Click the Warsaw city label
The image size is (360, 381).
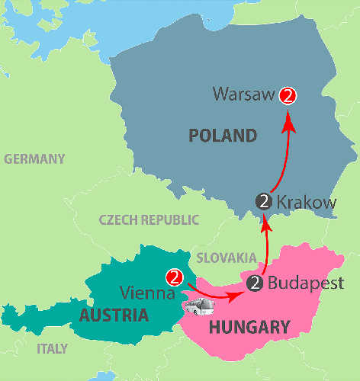point(245,96)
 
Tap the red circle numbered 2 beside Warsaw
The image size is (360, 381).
point(288,96)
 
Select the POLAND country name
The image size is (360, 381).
point(221,136)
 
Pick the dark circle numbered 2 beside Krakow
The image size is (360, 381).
point(265,202)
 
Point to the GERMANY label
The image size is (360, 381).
point(34,159)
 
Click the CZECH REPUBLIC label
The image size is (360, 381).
point(149,220)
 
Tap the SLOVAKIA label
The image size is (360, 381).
point(227,258)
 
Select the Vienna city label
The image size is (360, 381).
point(148,293)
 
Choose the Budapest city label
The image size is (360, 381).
point(301,283)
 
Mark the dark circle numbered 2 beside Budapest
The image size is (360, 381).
point(255,284)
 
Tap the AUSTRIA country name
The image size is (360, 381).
point(114,315)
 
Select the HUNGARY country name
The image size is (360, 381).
point(249,328)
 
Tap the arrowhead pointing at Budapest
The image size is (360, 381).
point(236,293)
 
